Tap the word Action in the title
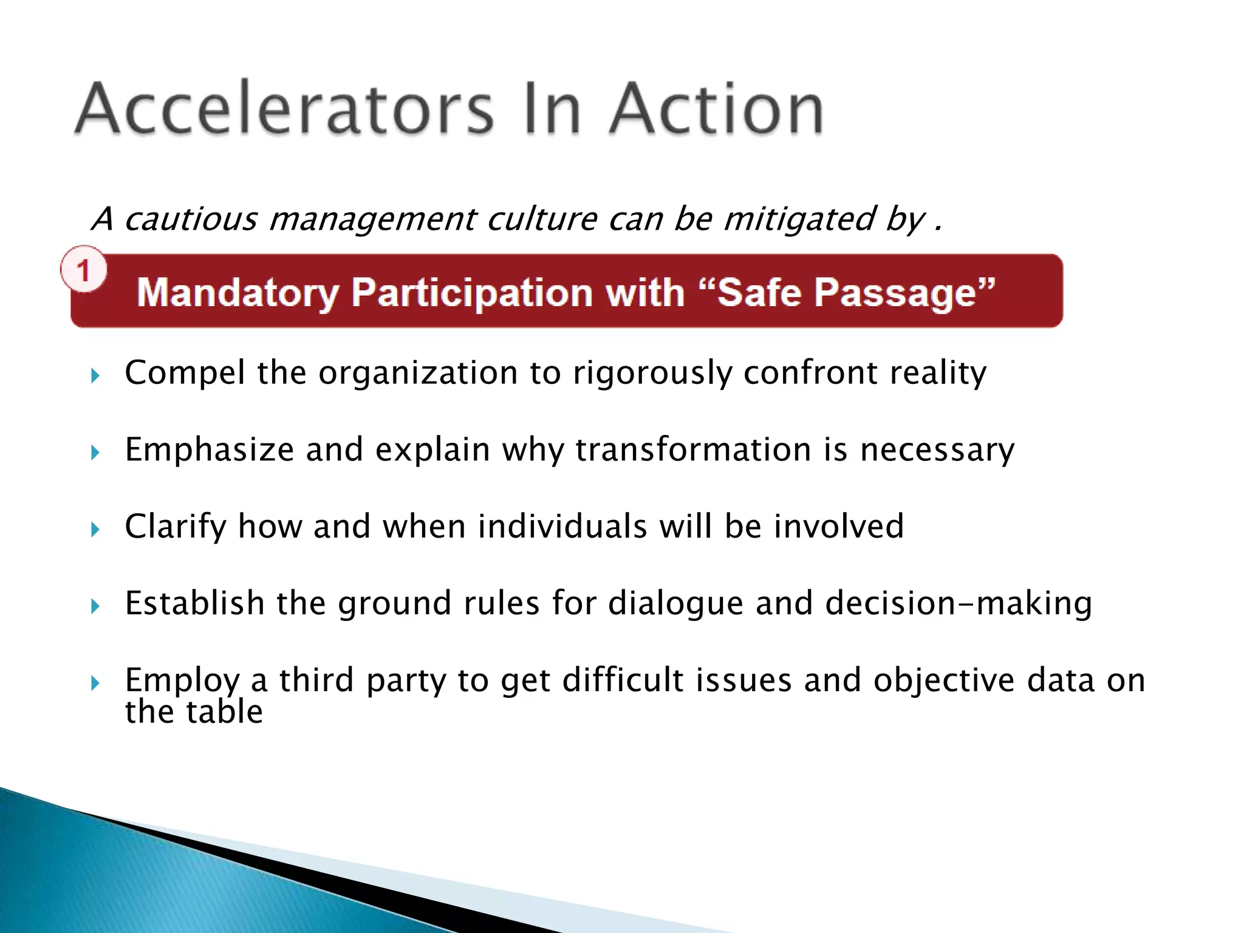pyautogui.click(x=717, y=109)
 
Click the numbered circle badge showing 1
pyautogui.click(x=84, y=269)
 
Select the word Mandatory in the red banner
pyautogui.click(x=238, y=293)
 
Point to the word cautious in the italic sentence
pyautogui.click(x=191, y=219)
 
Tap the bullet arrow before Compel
pyautogui.click(x=95, y=376)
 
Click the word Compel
pyautogui.click(x=185, y=372)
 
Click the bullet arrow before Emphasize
pyautogui.click(x=95, y=453)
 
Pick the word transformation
pyautogui.click(x=693, y=449)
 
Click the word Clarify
pyautogui.click(x=175, y=526)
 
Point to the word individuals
pyautogui.click(x=562, y=526)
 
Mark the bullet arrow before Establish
pyautogui.click(x=95, y=606)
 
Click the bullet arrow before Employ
pyautogui.click(x=95, y=683)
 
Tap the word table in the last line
pyautogui.click(x=224, y=711)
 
